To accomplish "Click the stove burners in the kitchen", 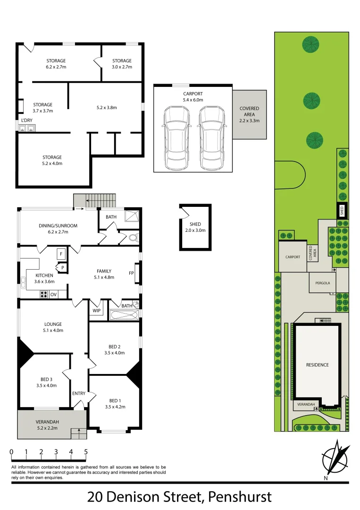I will tap(44, 294).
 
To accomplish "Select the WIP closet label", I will tap(97, 310).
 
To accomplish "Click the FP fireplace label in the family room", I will tap(131, 273).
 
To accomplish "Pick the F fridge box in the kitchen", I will tap(61, 254).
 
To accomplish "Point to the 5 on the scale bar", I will tap(86, 452).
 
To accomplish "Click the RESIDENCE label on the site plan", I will tap(317, 365).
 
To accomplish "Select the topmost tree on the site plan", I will tap(311, 45).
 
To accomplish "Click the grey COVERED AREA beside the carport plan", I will tap(249, 115).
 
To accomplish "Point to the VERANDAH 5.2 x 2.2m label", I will tap(46, 425).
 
